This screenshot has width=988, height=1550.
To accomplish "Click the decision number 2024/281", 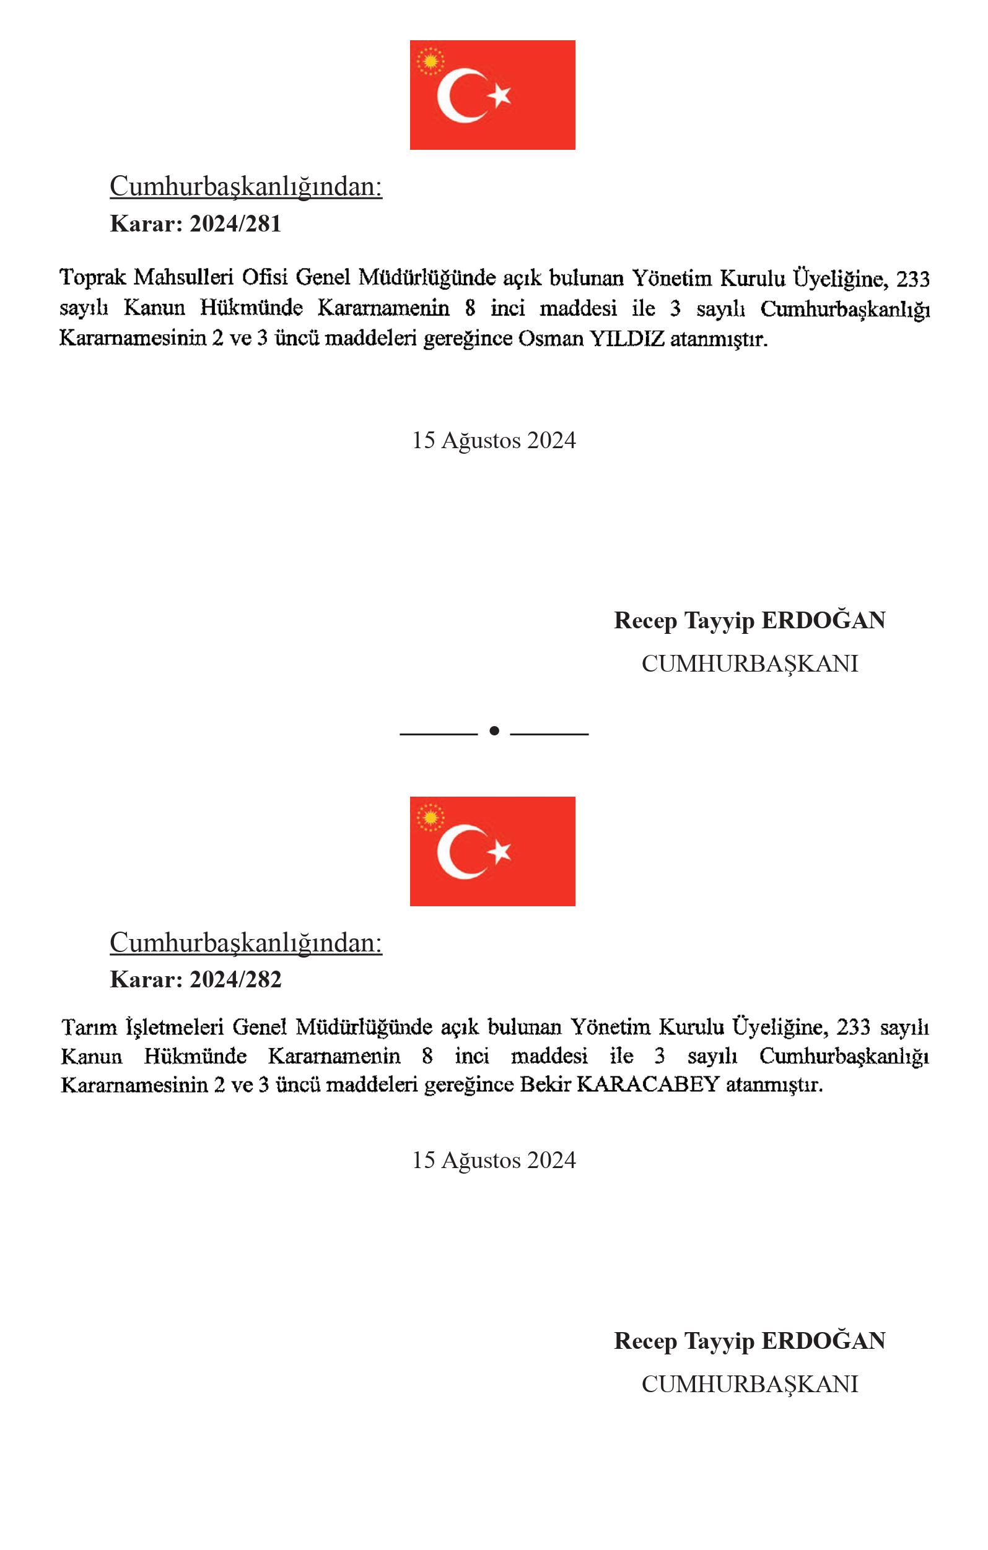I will click(x=235, y=224).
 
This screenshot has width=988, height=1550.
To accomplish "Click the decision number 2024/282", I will click(x=235, y=979).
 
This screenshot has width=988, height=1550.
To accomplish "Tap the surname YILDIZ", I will click(x=627, y=339).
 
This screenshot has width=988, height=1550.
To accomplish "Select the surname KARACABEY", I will click(x=648, y=1085).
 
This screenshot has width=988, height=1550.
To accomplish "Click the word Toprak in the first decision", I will click(x=93, y=278).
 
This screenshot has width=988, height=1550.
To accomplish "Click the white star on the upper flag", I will click(x=499, y=95).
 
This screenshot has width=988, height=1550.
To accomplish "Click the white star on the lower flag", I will click(x=499, y=852).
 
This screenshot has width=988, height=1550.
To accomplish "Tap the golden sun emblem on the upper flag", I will click(x=431, y=61).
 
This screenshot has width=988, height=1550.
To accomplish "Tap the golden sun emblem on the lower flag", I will click(x=431, y=818).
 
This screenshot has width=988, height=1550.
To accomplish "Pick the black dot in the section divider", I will click(x=494, y=730).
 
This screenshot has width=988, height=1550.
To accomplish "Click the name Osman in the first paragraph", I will click(x=551, y=339).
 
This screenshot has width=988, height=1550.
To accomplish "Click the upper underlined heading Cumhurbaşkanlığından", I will click(x=246, y=187).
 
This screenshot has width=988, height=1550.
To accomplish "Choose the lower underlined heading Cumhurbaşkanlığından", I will click(x=246, y=942).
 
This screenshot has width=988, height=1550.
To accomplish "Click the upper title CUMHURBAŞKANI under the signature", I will click(x=750, y=664).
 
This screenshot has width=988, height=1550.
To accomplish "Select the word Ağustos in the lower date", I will click(x=481, y=1160).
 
